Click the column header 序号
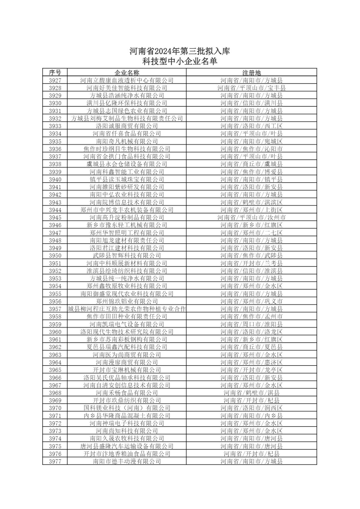[x=55, y=73]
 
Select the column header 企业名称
[x=127, y=73]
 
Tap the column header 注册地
[x=251, y=73]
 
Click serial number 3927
[x=55, y=80]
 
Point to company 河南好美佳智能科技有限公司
[x=127, y=88]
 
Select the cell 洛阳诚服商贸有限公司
[x=127, y=126]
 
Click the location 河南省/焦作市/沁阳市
[x=251, y=149]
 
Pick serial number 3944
[x=55, y=210]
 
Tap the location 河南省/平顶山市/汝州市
[x=251, y=218]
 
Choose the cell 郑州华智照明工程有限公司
[x=127, y=233]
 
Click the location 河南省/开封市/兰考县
[x=251, y=263]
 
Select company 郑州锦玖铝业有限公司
[x=127, y=301]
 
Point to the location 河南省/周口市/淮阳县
[x=251, y=324]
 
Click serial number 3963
[x=55, y=355]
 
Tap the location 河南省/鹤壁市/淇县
[x=251, y=393]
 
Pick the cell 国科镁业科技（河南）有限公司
[x=127, y=408]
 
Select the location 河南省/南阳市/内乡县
[x=251, y=416]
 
